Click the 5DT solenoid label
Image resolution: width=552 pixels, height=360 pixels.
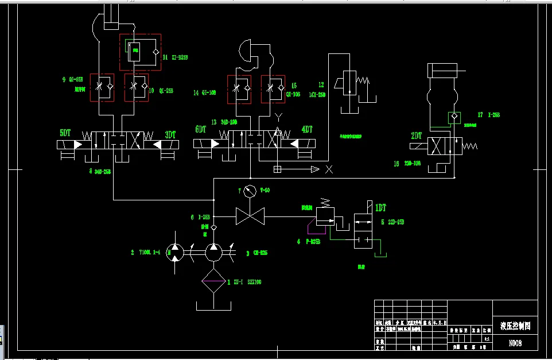pyautogui.click(x=66, y=133)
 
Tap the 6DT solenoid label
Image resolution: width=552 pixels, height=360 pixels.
pyautogui.click(x=201, y=130)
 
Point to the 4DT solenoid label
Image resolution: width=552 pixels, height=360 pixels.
pyautogui.click(x=307, y=130)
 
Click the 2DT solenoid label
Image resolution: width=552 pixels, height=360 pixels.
pyautogui.click(x=417, y=136)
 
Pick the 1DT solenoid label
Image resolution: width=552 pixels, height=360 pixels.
pyautogui.click(x=380, y=208)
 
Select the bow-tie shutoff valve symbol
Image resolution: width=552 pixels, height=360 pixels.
pyautogui.click(x=250, y=216)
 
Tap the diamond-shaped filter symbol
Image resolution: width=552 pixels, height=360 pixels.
pyautogui.click(x=213, y=281)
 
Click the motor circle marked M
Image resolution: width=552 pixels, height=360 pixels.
pyautogui.click(x=174, y=251)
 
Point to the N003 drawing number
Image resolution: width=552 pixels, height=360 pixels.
pyautogui.click(x=515, y=343)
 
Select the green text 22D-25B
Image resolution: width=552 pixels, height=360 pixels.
pyautogui.click(x=396, y=222)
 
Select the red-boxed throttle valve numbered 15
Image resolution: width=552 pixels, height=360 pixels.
pyautogui.click(x=273, y=88)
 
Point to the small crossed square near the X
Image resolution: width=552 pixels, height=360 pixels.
pyautogui.click(x=277, y=169)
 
